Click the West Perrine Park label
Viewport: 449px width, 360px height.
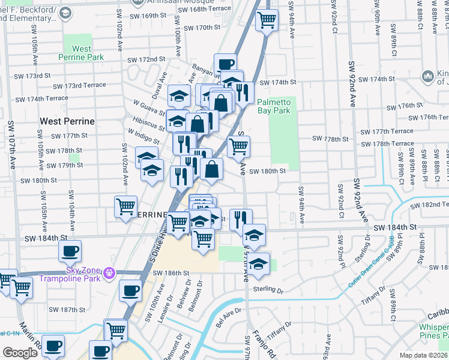pyautogui.click(x=81, y=53)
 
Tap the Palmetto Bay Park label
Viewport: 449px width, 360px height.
pyautogui.click(x=273, y=106)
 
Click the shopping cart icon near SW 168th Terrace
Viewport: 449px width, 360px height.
pyautogui.click(x=267, y=20)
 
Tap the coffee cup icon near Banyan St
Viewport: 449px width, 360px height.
pyautogui.click(x=225, y=64)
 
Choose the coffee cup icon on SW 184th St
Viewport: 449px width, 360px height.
pyautogui.click(x=70, y=251)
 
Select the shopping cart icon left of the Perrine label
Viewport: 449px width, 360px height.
pyautogui.click(x=126, y=207)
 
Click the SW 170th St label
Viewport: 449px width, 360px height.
pyautogui.click(x=203, y=28)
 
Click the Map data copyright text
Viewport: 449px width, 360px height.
pyautogui.click(x=423, y=355)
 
